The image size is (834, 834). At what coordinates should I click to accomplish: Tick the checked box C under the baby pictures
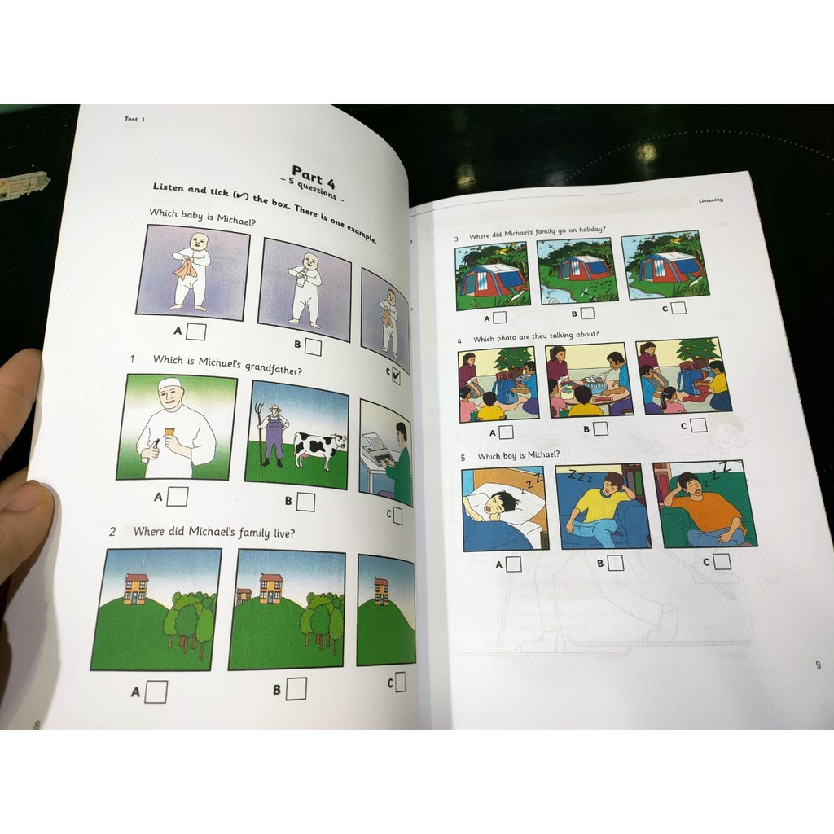(395, 376)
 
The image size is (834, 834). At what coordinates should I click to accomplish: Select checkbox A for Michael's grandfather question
(178, 496)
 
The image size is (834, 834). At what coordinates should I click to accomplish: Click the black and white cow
(318, 448)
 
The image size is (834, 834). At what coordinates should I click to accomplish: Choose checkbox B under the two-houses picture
(296, 689)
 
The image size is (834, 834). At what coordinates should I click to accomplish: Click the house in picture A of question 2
(136, 588)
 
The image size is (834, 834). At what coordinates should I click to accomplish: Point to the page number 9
(818, 665)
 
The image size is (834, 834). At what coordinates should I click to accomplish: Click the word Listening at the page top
(710, 200)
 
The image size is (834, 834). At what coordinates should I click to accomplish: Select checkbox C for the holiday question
(678, 308)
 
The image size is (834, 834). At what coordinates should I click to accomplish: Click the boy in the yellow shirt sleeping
(600, 509)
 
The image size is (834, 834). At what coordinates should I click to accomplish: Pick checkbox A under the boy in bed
(513, 564)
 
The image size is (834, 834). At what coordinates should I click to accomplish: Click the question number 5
(463, 458)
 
